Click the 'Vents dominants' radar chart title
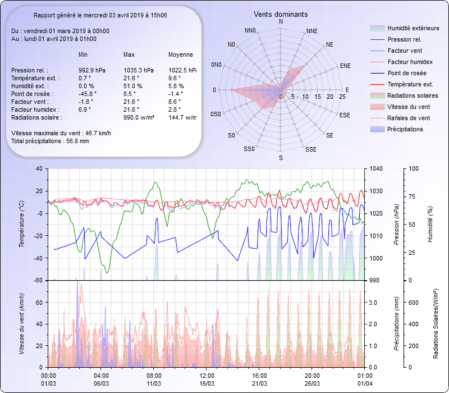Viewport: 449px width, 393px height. click(281, 14)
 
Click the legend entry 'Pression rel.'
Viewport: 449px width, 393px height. click(404, 39)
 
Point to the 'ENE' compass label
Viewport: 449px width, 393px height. click(345, 66)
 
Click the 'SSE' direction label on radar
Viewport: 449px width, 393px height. click(310, 149)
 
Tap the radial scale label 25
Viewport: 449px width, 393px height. click(342, 97)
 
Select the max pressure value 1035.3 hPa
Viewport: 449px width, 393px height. click(138, 70)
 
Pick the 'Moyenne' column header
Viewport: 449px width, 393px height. click(181, 54)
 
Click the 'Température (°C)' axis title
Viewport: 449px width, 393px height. click(22, 224)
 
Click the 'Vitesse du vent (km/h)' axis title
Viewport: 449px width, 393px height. click(22, 323)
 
